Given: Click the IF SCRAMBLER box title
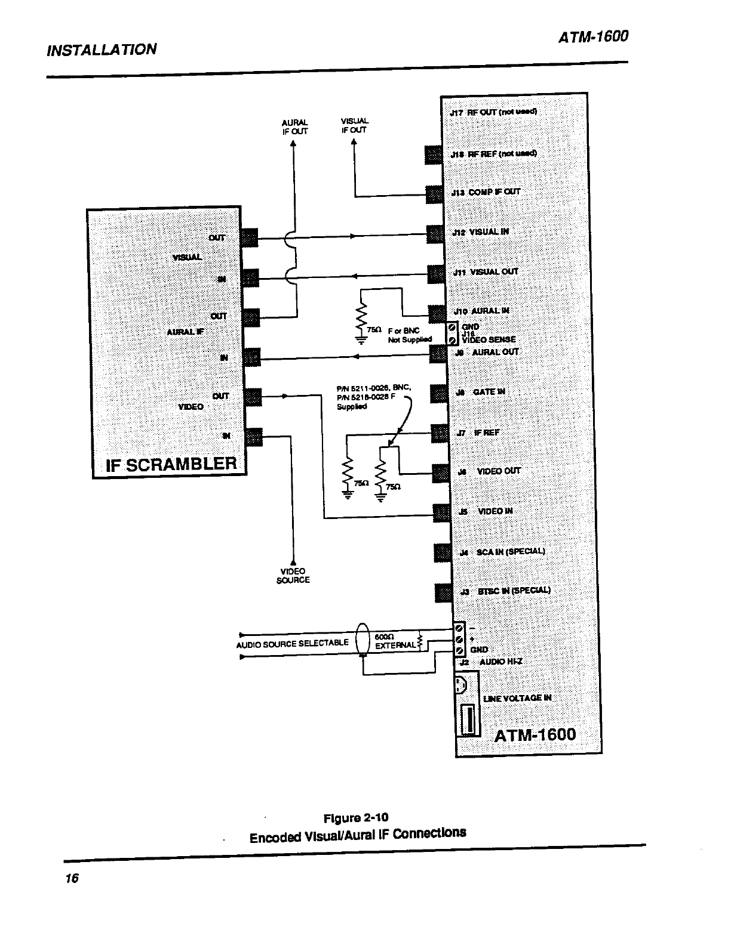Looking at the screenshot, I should (171, 464).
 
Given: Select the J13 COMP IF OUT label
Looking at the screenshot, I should (485, 192).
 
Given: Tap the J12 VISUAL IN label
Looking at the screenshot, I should (481, 232).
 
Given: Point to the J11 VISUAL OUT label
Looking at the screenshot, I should (486, 272).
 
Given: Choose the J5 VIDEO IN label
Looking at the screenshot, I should (486, 511).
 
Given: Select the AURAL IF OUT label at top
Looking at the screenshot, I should (294, 126).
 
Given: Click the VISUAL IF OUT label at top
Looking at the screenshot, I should (354, 125).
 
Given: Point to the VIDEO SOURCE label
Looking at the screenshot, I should (293, 576).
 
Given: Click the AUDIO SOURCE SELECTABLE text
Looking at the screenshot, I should (293, 643).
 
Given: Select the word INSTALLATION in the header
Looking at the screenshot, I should (101, 49).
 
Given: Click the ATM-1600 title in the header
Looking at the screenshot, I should (593, 37).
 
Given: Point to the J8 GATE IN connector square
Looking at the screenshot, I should (440, 392).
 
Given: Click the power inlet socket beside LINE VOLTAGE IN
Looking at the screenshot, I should (468, 685).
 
